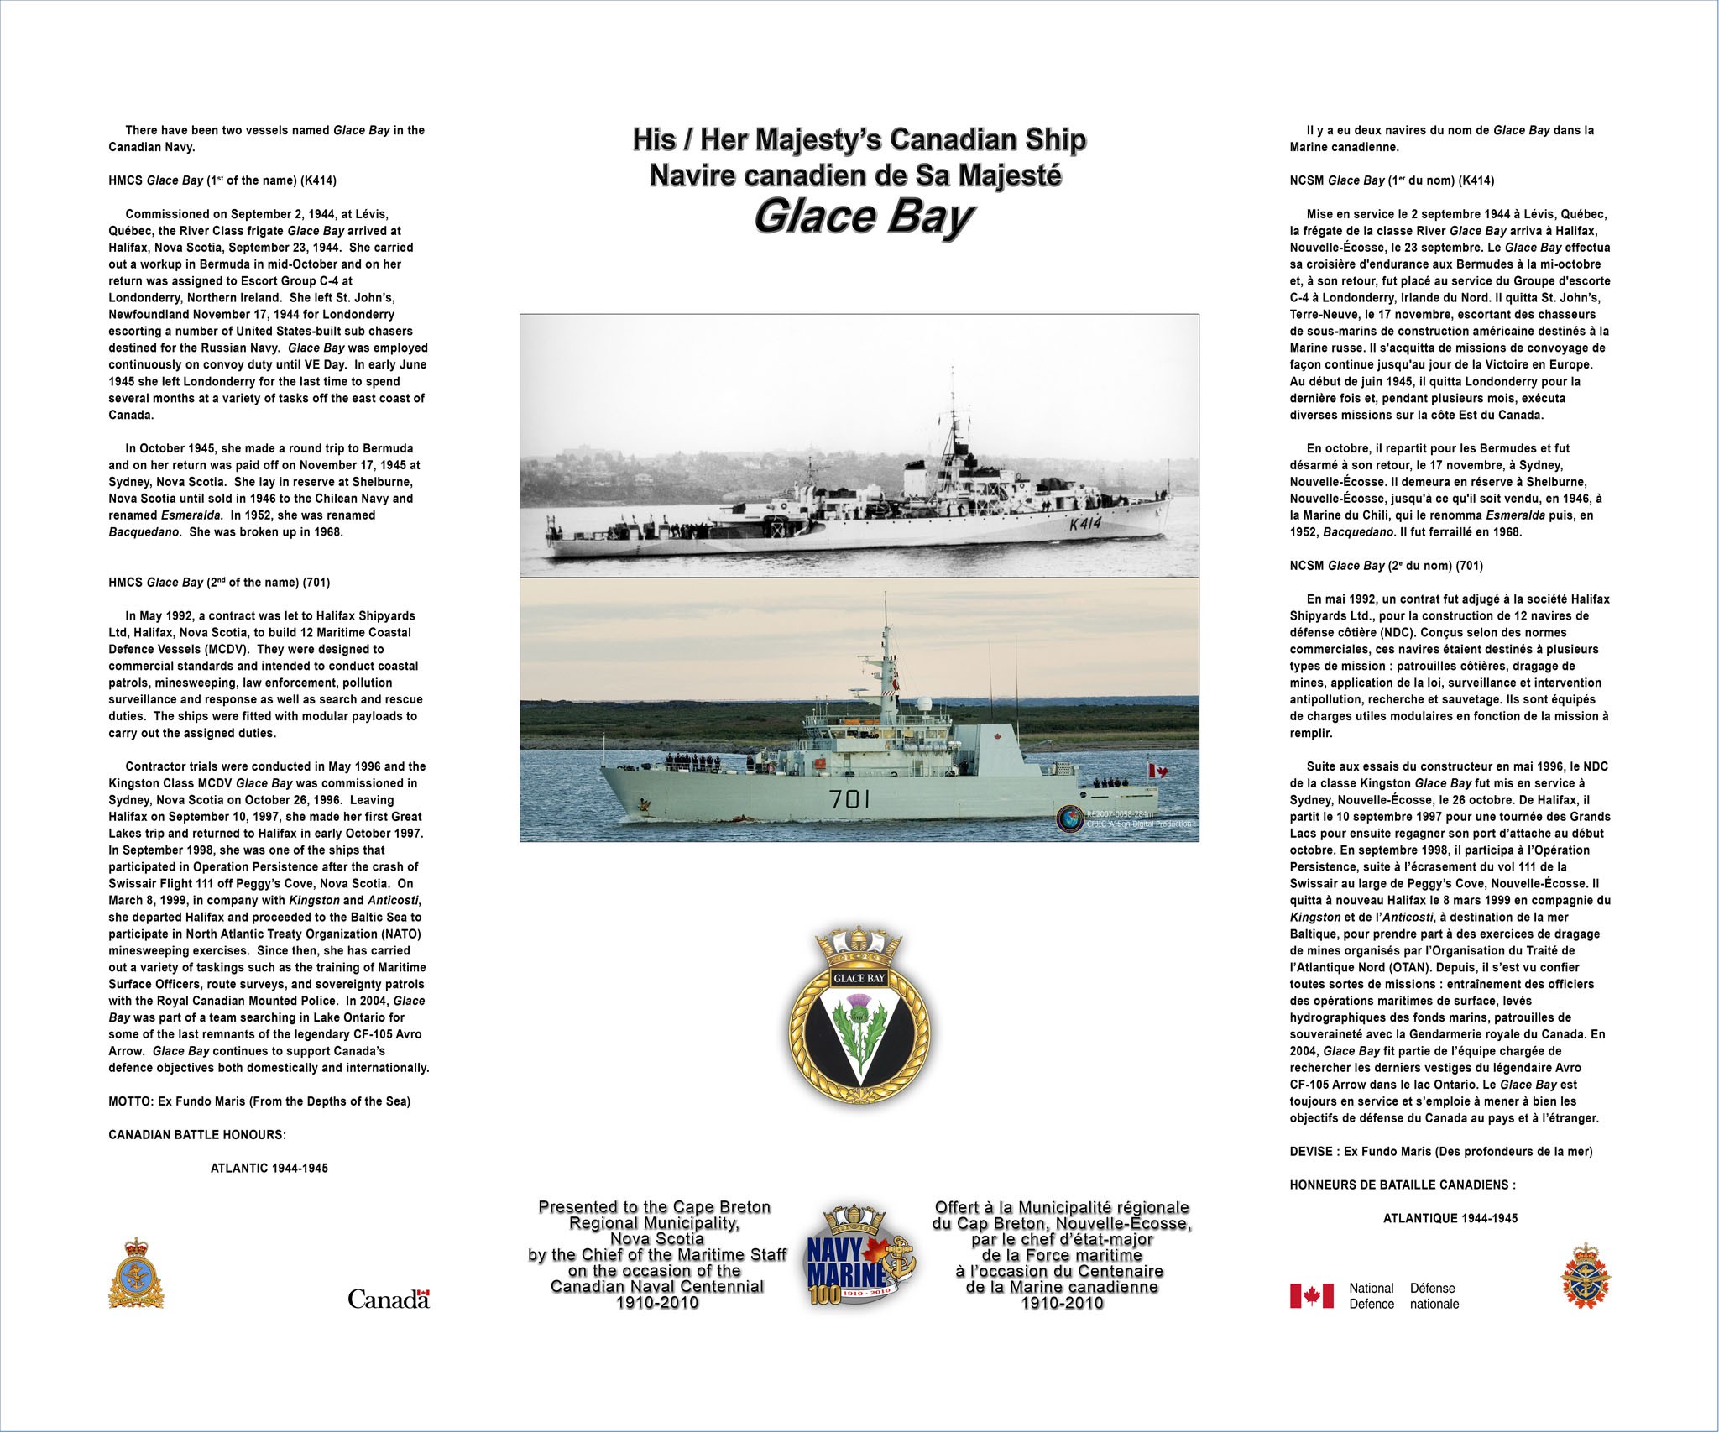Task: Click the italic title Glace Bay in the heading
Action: pos(862,217)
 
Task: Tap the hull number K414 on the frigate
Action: pos(1084,525)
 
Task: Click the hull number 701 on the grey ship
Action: pos(849,799)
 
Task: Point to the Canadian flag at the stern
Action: pos(1157,771)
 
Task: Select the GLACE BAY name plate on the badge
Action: pos(859,979)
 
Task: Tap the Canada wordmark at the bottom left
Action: pos(389,1300)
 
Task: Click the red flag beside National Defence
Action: pos(1311,1296)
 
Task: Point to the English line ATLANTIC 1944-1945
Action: pos(269,1169)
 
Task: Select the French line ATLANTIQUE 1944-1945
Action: pos(1450,1218)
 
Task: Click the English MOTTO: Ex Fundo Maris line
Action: pos(259,1101)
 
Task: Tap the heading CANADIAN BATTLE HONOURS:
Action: pos(197,1135)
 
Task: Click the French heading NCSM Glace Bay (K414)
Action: pos(1392,180)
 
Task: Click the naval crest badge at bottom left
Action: pos(136,1273)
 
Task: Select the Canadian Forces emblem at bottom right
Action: pos(1585,1276)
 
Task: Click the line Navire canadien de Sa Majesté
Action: pos(855,175)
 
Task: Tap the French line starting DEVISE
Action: pos(1440,1152)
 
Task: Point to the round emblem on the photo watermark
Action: pos(1070,818)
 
